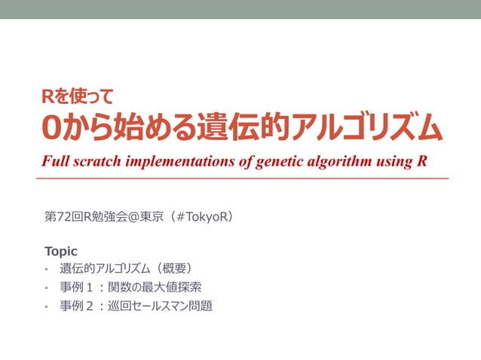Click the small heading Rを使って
click(78, 96)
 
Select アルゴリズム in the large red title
click(367, 129)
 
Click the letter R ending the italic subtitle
click(421, 162)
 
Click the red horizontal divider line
click(241, 178)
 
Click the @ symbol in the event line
click(138, 217)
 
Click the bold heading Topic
click(61, 251)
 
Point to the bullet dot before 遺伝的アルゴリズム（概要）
click(46, 269)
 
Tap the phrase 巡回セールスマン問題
click(160, 306)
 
